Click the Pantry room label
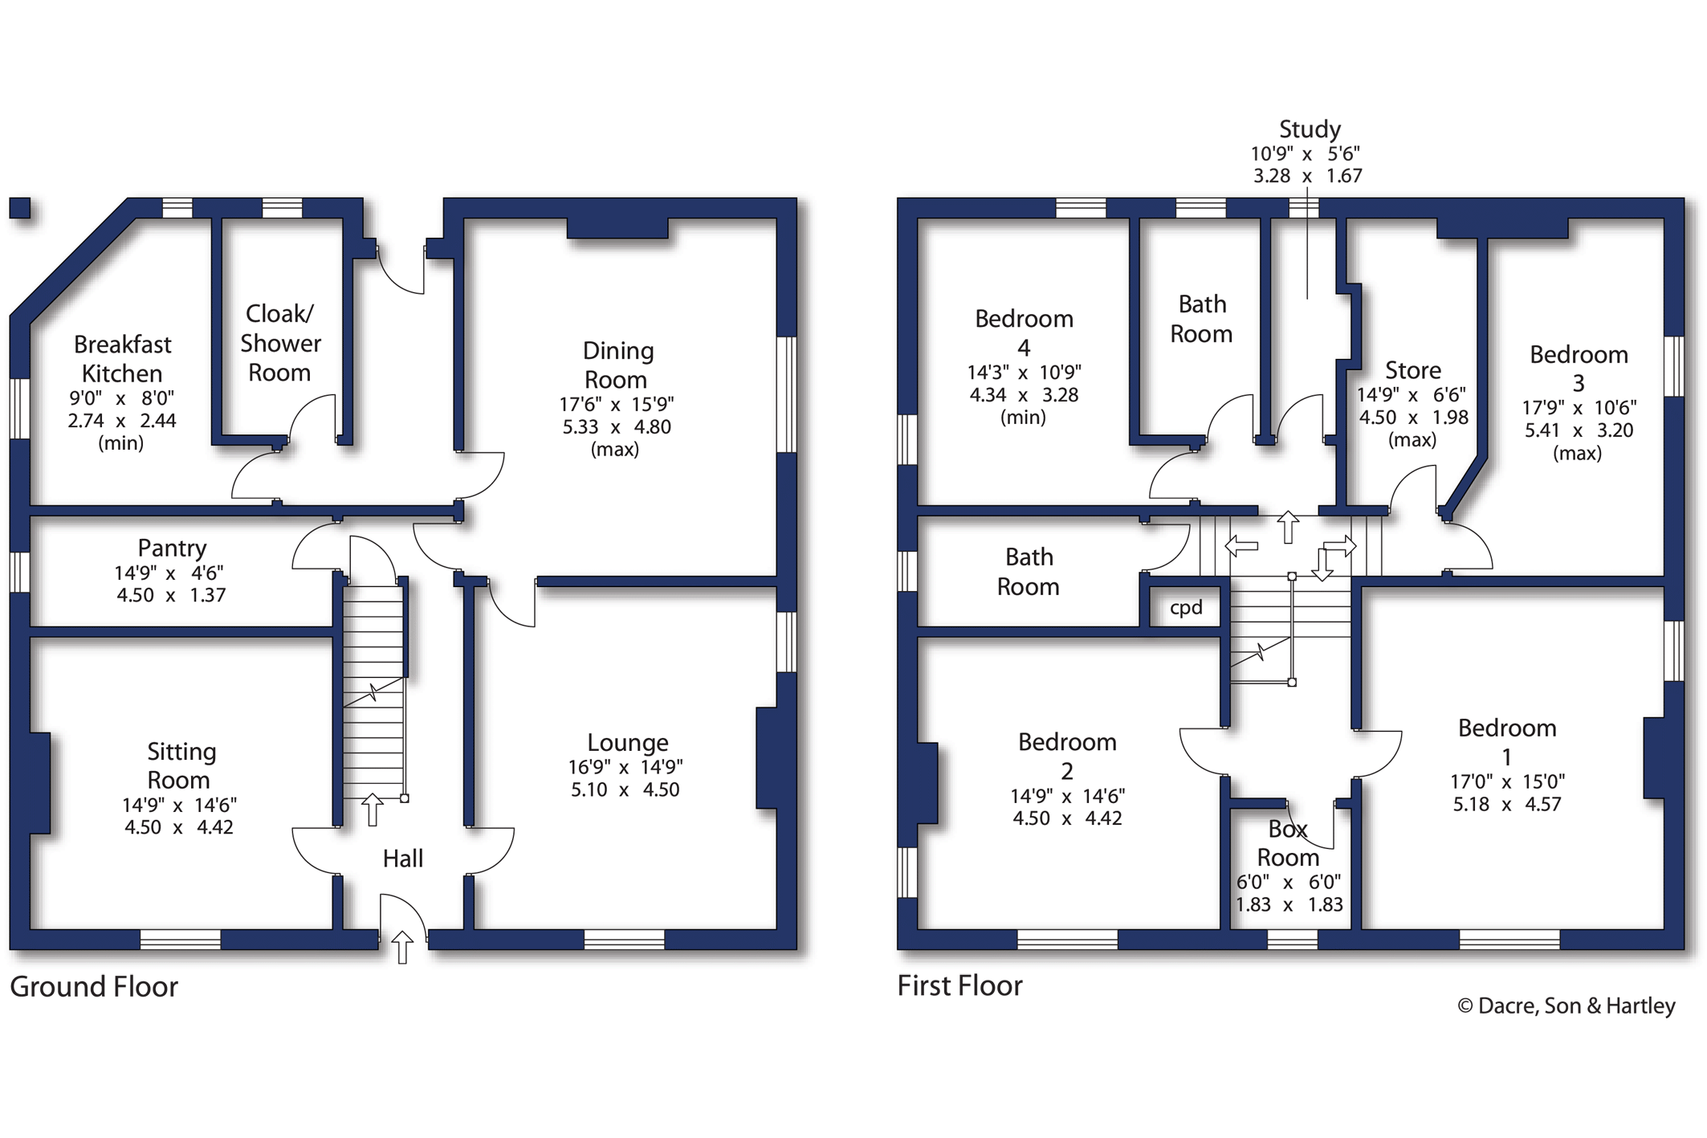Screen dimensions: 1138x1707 (172, 548)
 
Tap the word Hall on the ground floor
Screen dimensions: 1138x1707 (402, 859)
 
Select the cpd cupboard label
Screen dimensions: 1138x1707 (1186, 607)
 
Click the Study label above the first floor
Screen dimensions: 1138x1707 (1310, 129)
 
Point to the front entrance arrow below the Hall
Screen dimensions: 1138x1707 (402, 947)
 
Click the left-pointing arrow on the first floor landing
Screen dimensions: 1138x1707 (1241, 547)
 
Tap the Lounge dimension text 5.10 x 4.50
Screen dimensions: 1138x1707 (625, 789)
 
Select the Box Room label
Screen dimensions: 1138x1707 (1288, 843)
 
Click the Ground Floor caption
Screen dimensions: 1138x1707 (94, 986)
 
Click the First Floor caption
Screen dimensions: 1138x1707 (959, 985)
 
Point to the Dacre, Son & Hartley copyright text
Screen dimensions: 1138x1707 (1566, 1005)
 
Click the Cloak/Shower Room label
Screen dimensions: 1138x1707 (280, 343)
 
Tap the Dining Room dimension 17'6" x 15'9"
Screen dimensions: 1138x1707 (617, 404)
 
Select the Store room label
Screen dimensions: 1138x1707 (1412, 370)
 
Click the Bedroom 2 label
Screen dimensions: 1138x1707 (1067, 756)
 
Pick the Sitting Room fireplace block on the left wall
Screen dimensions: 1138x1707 (39, 782)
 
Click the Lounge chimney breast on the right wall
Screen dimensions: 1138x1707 (767, 757)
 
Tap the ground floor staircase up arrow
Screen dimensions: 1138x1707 (372, 809)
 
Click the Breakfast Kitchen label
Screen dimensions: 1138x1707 (122, 359)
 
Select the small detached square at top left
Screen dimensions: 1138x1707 (20, 207)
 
